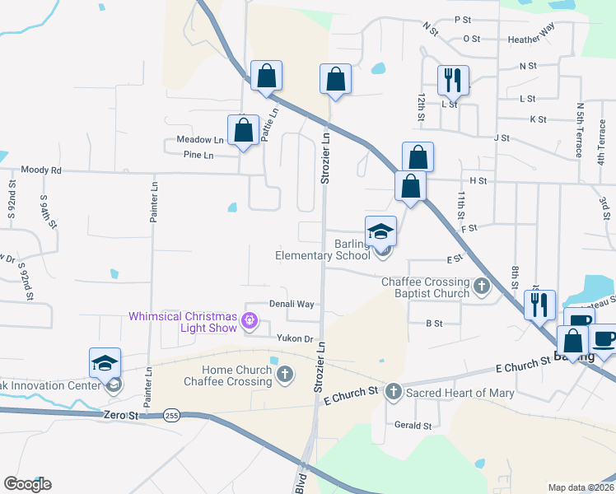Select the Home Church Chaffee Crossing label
[x=227, y=375]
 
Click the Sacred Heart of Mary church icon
[x=394, y=392]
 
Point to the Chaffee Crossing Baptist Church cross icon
[x=481, y=287]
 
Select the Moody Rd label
[x=41, y=170]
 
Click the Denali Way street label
[x=292, y=304]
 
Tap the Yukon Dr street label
[x=296, y=338]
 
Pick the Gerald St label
[x=413, y=426]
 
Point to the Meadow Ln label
[x=194, y=140]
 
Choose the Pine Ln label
[x=198, y=155]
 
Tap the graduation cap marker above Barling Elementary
[x=381, y=231]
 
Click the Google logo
[x=27, y=484]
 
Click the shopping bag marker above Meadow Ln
[x=243, y=130]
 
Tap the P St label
[x=462, y=19]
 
